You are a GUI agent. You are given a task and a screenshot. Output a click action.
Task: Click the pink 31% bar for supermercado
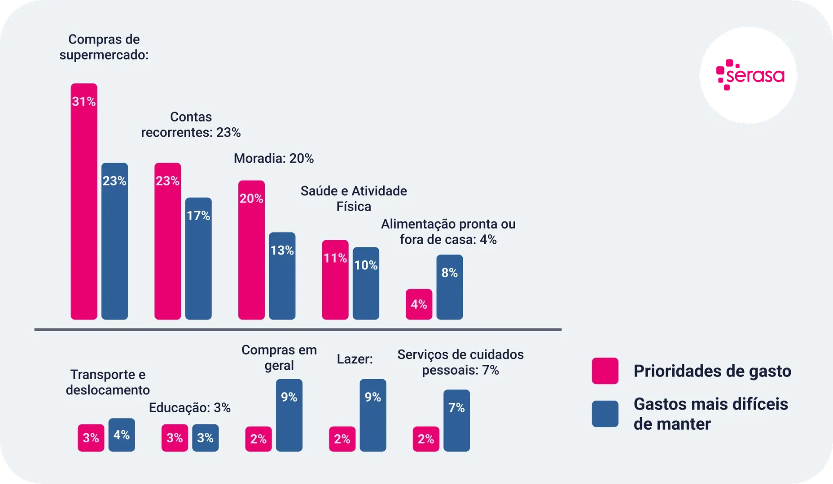84,202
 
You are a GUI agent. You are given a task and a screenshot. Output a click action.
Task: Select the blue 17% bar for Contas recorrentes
198,259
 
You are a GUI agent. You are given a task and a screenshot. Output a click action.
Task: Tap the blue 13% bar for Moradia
282,276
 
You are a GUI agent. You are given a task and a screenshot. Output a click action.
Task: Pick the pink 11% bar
335,280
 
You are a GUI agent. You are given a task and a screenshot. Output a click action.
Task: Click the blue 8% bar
450,287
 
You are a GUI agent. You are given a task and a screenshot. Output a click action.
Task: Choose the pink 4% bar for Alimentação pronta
419,304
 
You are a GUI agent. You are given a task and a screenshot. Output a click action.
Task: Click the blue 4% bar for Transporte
122,435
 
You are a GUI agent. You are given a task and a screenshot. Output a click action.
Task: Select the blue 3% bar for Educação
206,438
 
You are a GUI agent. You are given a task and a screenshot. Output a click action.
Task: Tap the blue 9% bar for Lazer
373,415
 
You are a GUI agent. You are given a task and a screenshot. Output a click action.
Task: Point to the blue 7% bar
457,420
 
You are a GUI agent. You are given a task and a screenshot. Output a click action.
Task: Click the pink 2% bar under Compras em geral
259,439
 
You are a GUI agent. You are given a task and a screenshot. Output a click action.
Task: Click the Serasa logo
748,75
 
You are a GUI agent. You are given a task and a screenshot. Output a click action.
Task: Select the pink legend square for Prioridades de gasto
605,371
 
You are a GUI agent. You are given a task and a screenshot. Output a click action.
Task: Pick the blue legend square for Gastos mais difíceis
605,414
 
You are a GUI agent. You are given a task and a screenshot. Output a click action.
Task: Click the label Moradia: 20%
274,159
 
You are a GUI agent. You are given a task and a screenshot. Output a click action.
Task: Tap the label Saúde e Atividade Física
354,199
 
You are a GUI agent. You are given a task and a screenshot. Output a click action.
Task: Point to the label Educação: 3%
190,408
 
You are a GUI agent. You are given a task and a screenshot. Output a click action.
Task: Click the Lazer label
355,359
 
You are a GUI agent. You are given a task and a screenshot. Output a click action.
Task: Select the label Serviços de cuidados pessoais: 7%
460,362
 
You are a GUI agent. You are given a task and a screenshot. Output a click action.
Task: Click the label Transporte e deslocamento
108,382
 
